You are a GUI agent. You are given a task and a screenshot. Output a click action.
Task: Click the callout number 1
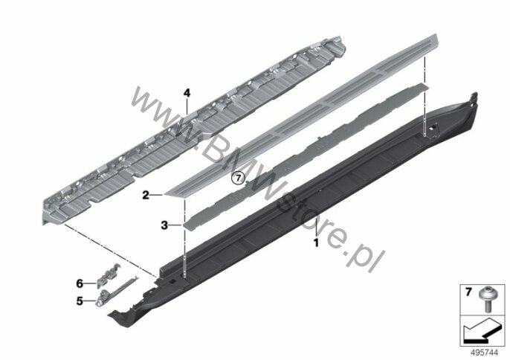click(316, 242)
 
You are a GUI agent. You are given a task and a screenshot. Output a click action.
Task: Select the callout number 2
click(146, 196)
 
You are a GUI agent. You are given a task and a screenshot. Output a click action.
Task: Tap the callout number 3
click(164, 225)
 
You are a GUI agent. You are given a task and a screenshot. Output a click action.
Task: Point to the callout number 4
click(187, 94)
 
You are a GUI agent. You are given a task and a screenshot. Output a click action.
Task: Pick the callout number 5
click(80, 301)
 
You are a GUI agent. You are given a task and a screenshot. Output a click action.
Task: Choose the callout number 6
click(80, 284)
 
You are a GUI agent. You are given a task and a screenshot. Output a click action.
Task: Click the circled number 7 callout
click(238, 178)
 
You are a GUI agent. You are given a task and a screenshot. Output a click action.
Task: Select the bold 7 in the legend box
click(468, 292)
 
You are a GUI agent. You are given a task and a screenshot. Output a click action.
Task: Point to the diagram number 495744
click(484, 353)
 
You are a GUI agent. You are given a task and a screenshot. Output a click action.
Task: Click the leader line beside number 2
click(157, 195)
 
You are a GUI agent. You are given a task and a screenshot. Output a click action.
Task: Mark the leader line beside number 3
click(175, 225)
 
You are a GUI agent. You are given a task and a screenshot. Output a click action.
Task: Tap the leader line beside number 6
click(90, 284)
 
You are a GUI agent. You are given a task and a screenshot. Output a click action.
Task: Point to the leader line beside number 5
click(90, 301)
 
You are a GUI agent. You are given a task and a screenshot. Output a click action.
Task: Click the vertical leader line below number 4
click(187, 106)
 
